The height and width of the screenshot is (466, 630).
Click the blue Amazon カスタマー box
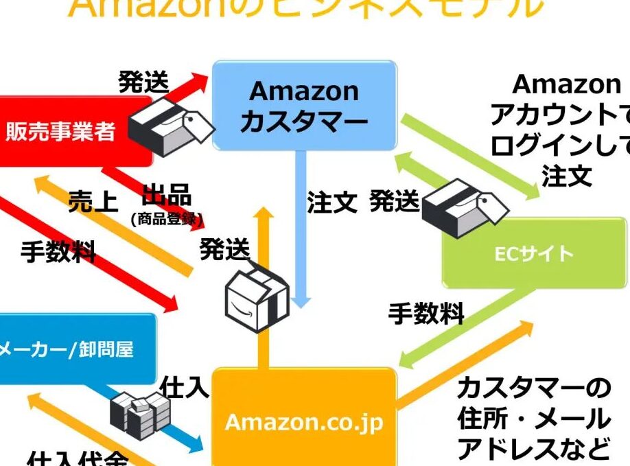point(304,106)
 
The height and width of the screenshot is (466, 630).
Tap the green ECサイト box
point(534,253)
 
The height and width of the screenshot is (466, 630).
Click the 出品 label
point(166,196)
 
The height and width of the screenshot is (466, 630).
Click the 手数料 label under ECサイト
point(426,314)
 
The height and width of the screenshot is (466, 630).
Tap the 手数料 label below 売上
point(58,252)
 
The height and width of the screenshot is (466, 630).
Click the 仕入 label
point(184,388)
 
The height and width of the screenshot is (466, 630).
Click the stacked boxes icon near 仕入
point(141,413)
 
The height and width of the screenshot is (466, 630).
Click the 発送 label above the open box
point(224,251)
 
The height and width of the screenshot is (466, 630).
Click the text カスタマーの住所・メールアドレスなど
point(533,419)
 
